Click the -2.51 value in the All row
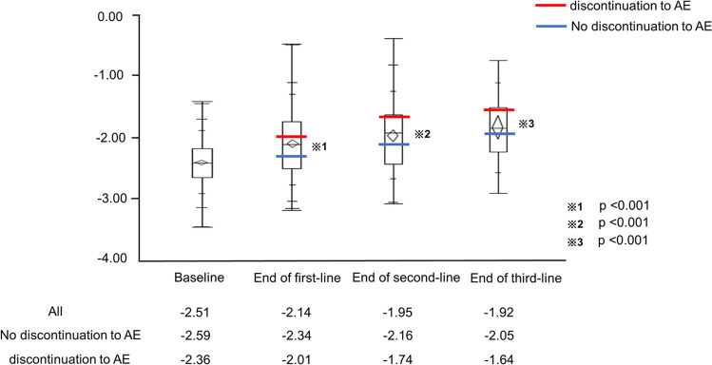pos(202,311)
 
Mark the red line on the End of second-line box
pos(394,117)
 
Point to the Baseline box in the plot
pos(202,163)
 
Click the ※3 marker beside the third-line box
pos(527,125)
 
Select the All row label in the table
pos(57,311)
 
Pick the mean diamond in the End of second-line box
pos(394,135)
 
